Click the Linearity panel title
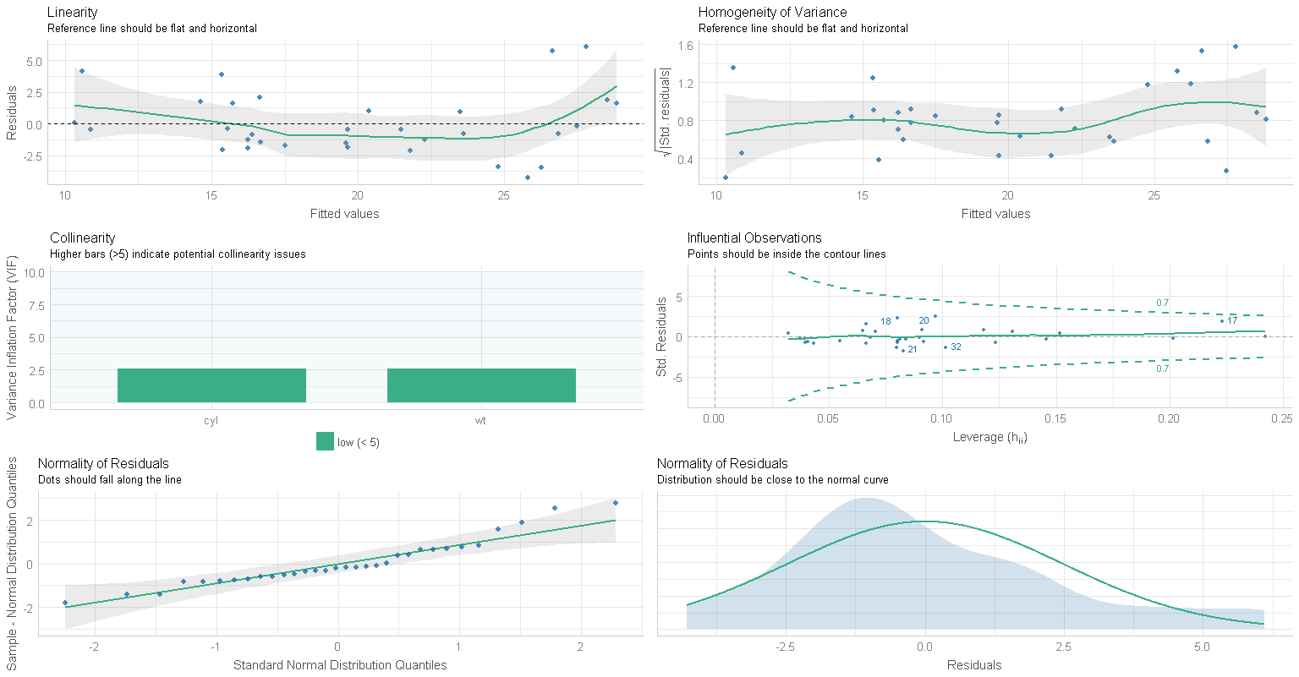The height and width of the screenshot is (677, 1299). tap(73, 13)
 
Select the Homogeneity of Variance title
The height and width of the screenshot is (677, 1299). tap(772, 13)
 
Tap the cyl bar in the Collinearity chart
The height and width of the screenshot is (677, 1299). tap(211, 385)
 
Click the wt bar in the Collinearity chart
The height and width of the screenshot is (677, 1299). tap(481, 385)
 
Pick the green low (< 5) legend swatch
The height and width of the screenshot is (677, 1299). tap(325, 441)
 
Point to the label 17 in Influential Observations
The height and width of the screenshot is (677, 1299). tap(1232, 321)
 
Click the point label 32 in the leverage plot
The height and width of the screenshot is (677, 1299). tap(956, 347)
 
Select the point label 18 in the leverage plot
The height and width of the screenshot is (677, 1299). tap(885, 322)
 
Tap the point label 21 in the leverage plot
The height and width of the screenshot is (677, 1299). tap(913, 350)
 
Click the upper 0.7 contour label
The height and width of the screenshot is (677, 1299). tap(1163, 303)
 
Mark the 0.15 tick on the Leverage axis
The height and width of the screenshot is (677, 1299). tap(1055, 418)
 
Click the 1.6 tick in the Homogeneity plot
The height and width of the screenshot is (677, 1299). tap(685, 46)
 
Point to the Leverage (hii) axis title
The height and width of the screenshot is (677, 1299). tap(989, 438)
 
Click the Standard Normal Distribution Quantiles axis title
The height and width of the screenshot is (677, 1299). tap(340, 665)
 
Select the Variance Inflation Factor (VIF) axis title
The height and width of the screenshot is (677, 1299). tap(13, 338)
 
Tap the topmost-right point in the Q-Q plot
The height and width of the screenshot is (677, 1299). tap(616, 503)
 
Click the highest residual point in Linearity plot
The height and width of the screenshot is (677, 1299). tap(586, 46)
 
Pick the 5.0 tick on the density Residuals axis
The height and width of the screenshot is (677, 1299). tap(1202, 647)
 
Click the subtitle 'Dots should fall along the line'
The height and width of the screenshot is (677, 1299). tap(110, 480)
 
